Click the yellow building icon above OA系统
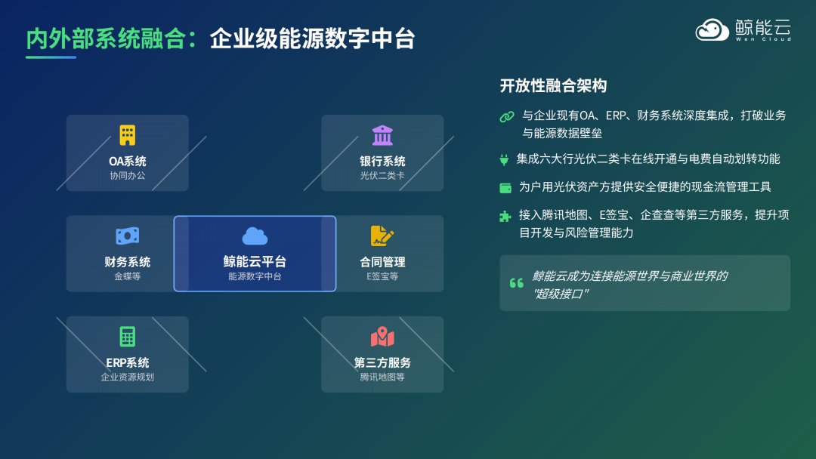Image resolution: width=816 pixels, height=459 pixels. coord(128,136)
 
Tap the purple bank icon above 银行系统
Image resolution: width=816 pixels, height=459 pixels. coord(382,136)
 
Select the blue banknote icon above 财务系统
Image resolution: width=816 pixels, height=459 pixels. coord(128,236)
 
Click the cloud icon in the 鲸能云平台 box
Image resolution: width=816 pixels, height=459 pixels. coord(255,236)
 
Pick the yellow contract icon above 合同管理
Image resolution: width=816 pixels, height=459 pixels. coord(382,236)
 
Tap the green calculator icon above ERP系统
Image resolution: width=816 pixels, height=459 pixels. coord(128,337)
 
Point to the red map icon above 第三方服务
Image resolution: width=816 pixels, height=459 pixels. coord(382,337)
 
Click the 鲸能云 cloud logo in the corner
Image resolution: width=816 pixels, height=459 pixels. coord(711,30)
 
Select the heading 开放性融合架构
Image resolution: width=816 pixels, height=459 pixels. coord(553,86)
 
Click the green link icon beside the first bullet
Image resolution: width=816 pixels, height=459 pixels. coord(506,116)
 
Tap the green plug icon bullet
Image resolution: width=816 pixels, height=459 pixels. coord(505,159)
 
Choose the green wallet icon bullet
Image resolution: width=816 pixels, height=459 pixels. coord(505,187)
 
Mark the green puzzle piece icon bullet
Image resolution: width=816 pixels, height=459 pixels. coord(505,216)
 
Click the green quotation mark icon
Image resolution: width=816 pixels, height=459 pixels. coord(517,283)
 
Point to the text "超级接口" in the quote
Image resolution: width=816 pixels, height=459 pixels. coord(561,294)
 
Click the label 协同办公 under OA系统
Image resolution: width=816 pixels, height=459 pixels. coord(128,176)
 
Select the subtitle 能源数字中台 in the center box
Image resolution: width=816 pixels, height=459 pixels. coord(255,276)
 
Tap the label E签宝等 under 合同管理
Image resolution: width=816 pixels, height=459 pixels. coord(382,276)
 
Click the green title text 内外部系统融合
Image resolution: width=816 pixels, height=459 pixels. coord(106,39)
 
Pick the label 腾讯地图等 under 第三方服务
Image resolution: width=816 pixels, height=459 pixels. coord(382,377)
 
